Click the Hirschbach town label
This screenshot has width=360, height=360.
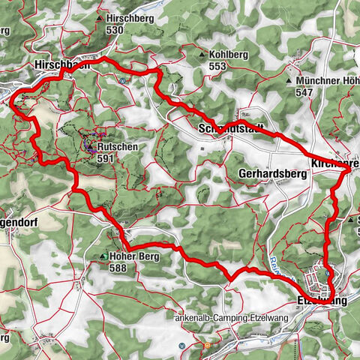(62, 66)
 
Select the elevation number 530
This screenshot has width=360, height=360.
(115, 29)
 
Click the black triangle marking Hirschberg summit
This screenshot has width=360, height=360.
(100, 17)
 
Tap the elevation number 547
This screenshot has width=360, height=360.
(304, 91)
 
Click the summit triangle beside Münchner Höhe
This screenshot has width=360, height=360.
(289, 79)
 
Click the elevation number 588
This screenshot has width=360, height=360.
(118, 268)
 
